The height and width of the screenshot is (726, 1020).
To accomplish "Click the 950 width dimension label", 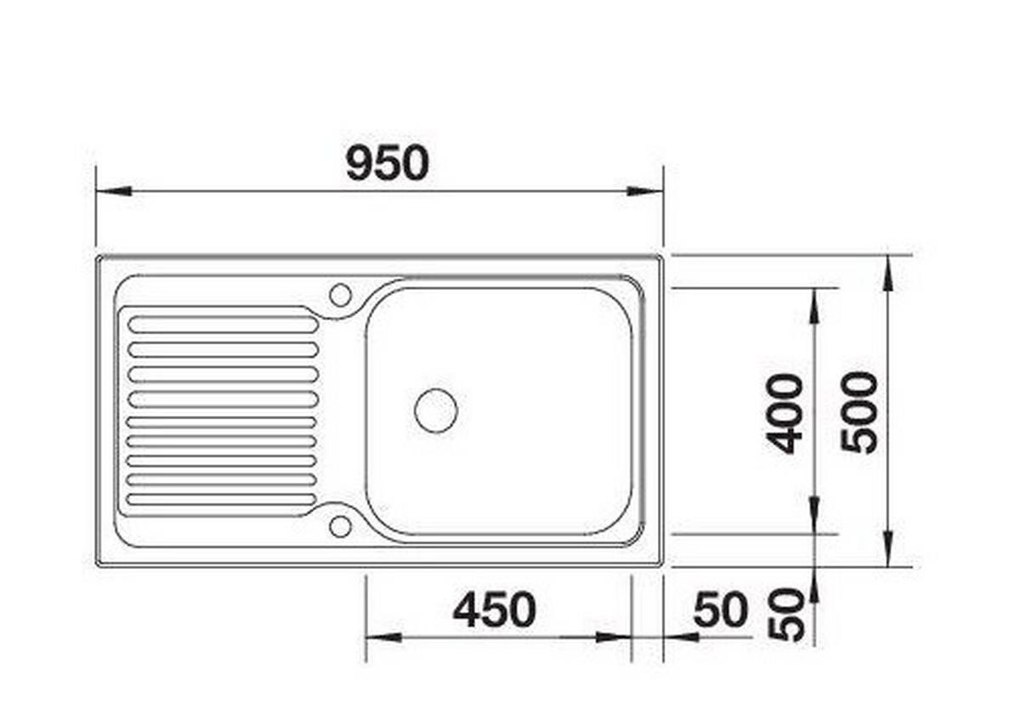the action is coord(388,163).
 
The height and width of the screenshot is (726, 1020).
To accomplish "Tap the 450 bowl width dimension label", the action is coord(495,610).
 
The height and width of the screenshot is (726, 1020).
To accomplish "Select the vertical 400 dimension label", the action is coord(784,414).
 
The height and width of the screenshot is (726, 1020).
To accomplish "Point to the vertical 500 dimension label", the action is coord(859,412).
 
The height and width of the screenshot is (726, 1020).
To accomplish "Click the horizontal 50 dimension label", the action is coord(721,610).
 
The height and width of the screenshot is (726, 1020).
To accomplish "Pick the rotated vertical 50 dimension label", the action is coord(785,615).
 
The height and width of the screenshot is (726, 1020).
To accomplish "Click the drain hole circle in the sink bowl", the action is coord(436,411).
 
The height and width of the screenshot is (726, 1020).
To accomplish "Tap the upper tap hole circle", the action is coord(340,295).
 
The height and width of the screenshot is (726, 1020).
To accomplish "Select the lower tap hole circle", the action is coord(340,527).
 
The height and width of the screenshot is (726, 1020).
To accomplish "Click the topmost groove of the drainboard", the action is coord(223,324).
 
